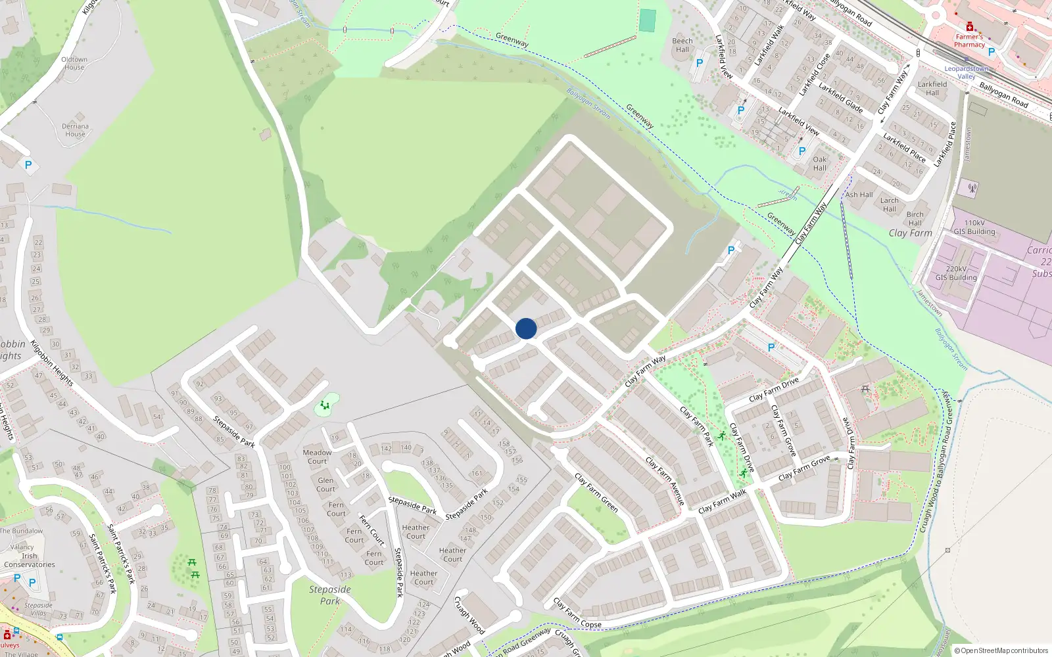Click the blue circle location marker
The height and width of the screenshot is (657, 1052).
pyautogui.click(x=526, y=328)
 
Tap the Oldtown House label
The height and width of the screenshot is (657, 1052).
pyautogui.click(x=74, y=63)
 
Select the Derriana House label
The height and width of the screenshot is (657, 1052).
pyautogui.click(x=76, y=130)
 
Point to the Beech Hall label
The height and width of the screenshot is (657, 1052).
pyautogui.click(x=682, y=45)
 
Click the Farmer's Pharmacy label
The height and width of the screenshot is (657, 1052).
pyautogui.click(x=970, y=41)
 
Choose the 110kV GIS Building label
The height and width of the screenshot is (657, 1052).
pyautogui.click(x=974, y=227)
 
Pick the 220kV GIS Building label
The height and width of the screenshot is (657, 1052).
pyautogui.click(x=956, y=273)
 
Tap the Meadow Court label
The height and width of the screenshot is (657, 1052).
pyautogui.click(x=317, y=457)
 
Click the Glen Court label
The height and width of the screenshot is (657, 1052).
pyautogui.click(x=325, y=484)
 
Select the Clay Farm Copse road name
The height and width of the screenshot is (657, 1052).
pyautogui.click(x=577, y=613)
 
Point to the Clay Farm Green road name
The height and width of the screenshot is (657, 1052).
pyautogui.click(x=596, y=493)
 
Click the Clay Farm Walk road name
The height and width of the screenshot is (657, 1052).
pyautogui.click(x=722, y=501)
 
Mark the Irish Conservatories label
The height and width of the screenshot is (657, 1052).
pyautogui.click(x=30, y=560)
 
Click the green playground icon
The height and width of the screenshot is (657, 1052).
pyautogui.click(x=323, y=405)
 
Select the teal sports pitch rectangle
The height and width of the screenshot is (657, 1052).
pyautogui.click(x=648, y=20)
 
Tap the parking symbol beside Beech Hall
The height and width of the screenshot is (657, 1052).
pyautogui.click(x=700, y=63)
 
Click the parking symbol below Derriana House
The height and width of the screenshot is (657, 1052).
pyautogui.click(x=28, y=165)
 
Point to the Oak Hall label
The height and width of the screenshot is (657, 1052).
pyautogui.click(x=820, y=164)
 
